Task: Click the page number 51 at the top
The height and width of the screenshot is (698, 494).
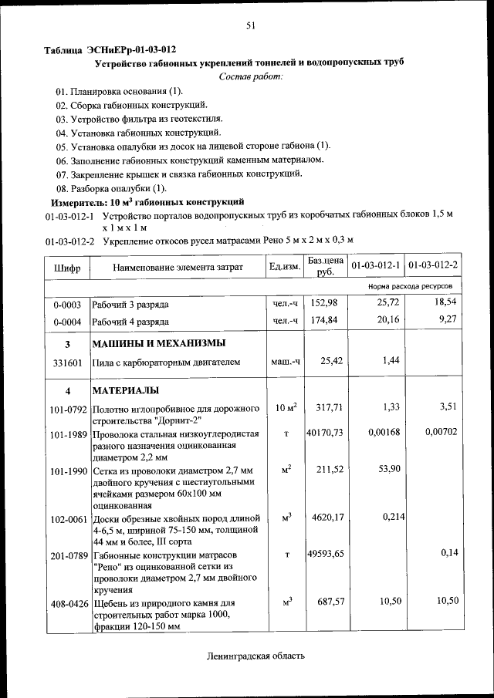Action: pyautogui.click(x=251, y=25)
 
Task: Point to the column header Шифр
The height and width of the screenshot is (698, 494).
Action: pyautogui.click(x=67, y=267)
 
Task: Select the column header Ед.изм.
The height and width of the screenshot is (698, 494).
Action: pyautogui.click(x=284, y=267)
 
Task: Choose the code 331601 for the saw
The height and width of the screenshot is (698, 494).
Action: pyautogui.click(x=67, y=361)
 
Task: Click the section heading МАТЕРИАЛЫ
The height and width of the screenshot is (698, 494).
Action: pyautogui.click(x=126, y=389)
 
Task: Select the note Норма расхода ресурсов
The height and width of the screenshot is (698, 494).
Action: pyautogui.click(x=410, y=286)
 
